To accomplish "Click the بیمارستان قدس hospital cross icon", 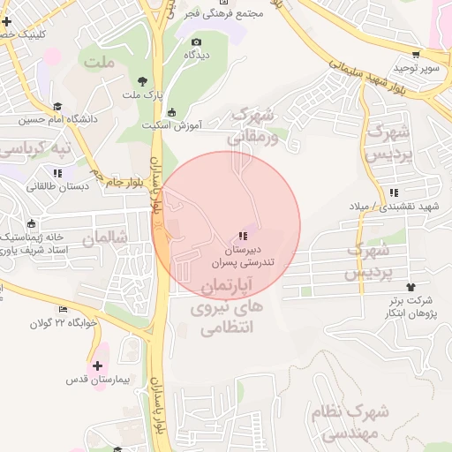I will pos(97,365).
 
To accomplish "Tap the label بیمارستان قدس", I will pos(97,380).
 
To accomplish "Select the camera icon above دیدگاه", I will pos(196,41).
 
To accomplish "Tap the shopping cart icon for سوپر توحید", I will pos(416,54).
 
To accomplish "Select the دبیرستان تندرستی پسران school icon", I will pos(241,237).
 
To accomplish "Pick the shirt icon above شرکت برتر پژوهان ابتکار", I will pos(411,287).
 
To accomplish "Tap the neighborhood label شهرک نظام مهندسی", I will pos(350,422).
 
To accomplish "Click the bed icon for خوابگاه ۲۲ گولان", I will pos(63,309).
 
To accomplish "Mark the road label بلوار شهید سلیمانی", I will pos(365,75).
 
